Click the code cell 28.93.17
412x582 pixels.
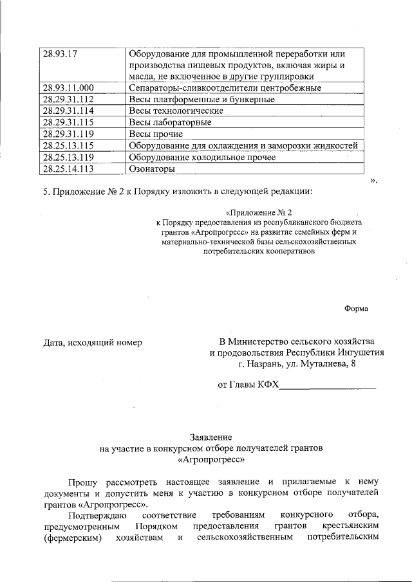pos(59,53)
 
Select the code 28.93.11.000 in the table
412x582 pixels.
pos(68,87)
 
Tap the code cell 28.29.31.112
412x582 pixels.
pos(68,99)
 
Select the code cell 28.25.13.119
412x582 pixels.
pos(68,157)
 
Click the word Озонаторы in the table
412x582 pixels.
pos(152,169)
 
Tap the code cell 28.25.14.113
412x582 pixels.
pos(68,168)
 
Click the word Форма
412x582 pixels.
pos(356,308)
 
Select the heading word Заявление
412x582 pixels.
pos(210,435)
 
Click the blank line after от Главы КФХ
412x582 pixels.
pos(328,385)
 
